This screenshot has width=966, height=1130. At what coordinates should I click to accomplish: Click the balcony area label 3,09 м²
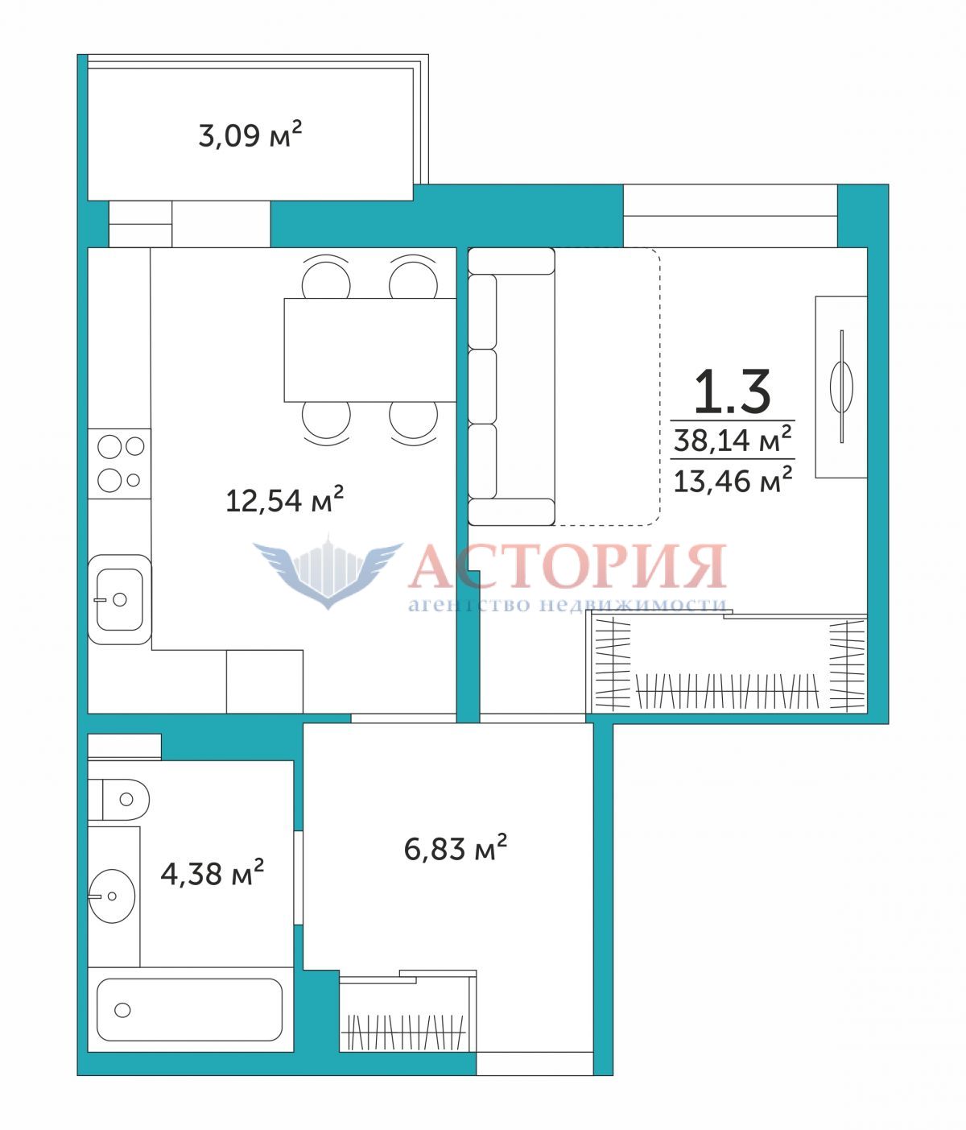click(x=250, y=135)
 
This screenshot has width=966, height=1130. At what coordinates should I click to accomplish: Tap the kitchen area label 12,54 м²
click(x=284, y=499)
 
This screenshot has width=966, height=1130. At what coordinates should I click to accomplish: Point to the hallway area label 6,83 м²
click(x=455, y=848)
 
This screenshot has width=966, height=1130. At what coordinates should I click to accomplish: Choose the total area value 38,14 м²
click(x=733, y=439)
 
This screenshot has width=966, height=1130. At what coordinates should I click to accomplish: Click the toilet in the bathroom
click(x=118, y=800)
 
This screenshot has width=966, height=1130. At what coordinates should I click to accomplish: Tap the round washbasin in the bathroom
click(x=111, y=896)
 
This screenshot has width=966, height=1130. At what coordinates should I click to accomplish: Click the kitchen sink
click(x=120, y=600)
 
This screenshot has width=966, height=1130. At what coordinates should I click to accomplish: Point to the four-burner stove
click(x=119, y=464)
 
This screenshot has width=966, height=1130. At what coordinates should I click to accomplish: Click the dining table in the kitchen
click(x=370, y=350)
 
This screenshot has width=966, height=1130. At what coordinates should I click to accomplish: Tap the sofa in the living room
click(x=511, y=387)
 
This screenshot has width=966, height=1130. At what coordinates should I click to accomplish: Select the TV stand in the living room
click(x=841, y=387)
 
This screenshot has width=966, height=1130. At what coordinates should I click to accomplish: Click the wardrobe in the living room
click(x=727, y=664)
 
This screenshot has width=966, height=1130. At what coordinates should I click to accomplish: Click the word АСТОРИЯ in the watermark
click(x=568, y=565)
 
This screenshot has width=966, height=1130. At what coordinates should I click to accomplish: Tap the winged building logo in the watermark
click(x=328, y=571)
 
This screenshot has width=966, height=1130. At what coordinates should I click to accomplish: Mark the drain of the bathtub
click(x=123, y=1010)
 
